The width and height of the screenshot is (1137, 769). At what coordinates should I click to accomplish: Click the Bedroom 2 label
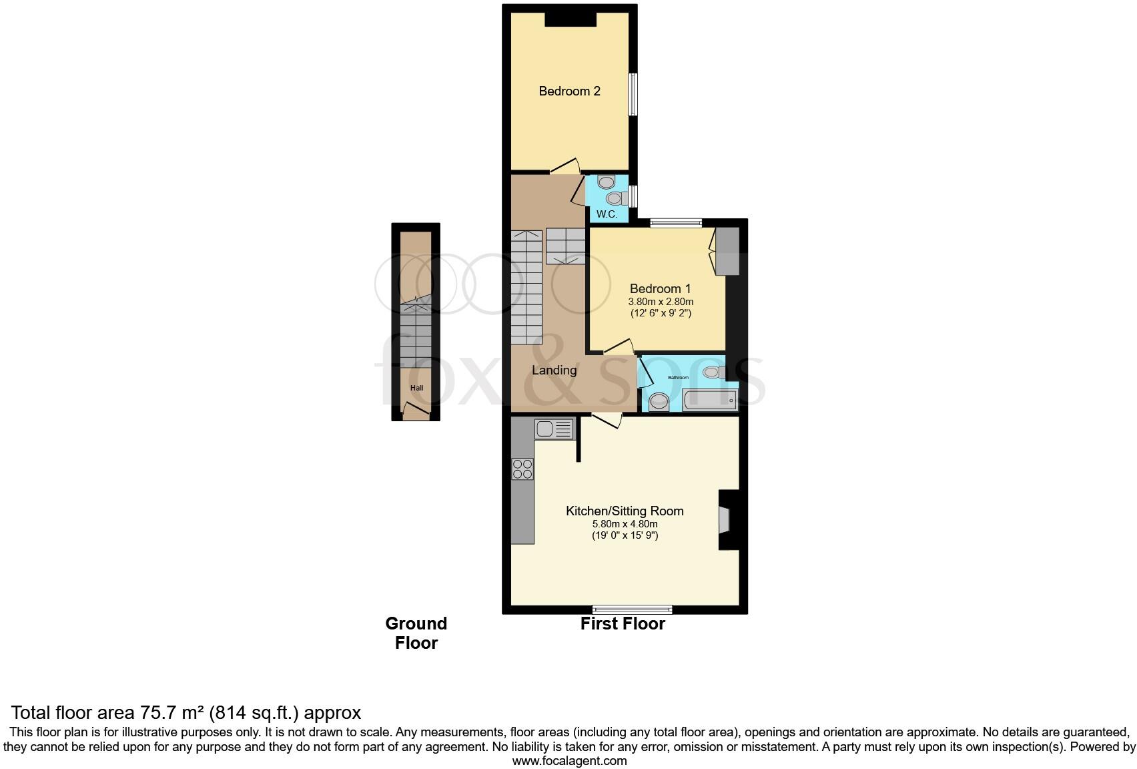tap(569, 91)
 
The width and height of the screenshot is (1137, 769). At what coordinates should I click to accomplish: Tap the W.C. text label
tap(607, 214)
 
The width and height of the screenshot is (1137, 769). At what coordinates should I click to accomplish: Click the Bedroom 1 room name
tap(660, 289)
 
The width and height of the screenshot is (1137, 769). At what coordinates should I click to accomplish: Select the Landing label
tap(554, 370)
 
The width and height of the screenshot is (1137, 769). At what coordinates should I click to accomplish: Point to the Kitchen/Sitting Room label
tap(625, 511)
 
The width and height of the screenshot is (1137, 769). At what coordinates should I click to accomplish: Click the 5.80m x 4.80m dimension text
tap(625, 524)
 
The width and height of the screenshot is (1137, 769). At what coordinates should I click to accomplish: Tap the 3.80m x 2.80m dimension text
tap(660, 302)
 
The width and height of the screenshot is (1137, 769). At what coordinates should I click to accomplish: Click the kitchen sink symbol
tap(554, 428)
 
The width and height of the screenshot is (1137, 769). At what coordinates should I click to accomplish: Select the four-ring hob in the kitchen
tap(522, 469)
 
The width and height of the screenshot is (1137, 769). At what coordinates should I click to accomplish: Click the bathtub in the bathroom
tap(709, 401)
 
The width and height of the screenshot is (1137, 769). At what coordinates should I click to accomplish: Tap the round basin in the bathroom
tap(659, 402)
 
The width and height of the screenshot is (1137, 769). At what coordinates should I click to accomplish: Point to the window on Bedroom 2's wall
tap(633, 93)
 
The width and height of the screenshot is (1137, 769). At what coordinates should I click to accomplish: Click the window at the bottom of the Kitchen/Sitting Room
tap(632, 609)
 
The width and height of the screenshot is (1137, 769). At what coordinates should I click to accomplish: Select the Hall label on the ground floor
tap(416, 389)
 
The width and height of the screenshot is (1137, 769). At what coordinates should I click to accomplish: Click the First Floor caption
tap(623, 624)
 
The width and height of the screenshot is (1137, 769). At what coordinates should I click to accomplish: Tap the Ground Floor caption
tap(416, 633)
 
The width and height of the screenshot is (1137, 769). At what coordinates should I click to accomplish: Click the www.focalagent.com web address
tap(569, 760)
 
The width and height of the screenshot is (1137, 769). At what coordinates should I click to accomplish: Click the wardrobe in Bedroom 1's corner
tap(727, 251)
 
